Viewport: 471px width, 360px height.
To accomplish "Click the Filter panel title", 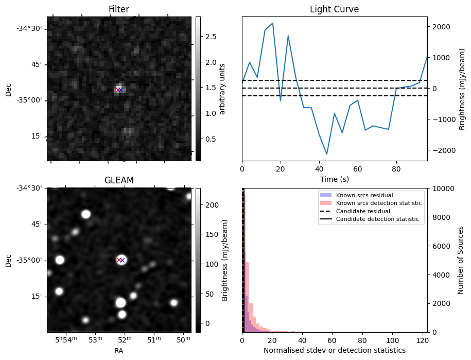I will tap(118, 9).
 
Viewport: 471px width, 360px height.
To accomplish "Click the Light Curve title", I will tap(334, 9).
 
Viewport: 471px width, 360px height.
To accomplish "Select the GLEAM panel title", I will tap(118, 180).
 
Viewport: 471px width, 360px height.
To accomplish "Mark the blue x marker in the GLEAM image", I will tap(122, 260).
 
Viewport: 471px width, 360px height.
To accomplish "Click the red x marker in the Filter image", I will tap(118, 90).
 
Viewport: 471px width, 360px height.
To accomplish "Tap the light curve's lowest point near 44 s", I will tap(327, 154).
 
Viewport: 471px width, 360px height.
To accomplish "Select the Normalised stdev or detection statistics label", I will tap(334, 350).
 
